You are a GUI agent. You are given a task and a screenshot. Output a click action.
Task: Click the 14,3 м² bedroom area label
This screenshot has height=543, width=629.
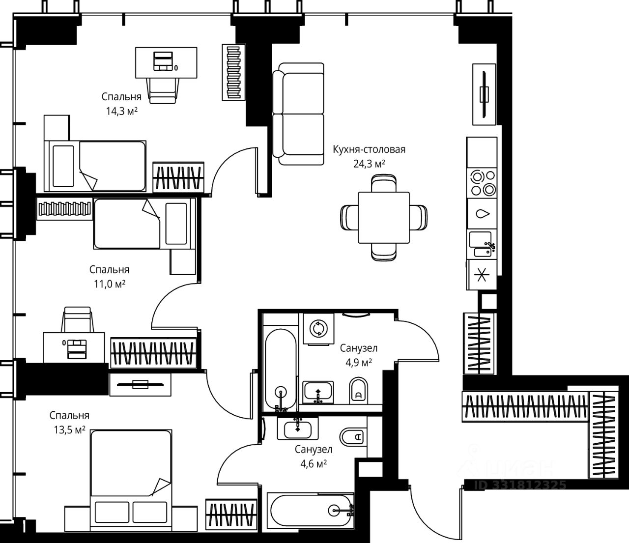pos(121,112)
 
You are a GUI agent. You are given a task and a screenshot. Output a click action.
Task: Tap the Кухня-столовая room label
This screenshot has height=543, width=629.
pos(369,149)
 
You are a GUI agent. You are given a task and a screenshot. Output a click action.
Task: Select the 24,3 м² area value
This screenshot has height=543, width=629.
pos(369,164)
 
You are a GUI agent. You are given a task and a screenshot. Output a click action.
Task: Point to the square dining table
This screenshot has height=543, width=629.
pos(383,217)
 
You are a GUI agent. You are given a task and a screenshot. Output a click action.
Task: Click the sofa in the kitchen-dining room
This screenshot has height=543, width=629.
pos(298,114)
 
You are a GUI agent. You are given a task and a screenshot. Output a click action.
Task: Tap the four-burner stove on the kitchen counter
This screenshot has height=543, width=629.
pos(483,183)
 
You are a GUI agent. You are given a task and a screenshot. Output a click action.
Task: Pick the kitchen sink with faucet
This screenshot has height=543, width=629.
pos(483,244)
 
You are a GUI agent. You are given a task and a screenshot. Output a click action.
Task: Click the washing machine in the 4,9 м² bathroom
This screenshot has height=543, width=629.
pos(318,329)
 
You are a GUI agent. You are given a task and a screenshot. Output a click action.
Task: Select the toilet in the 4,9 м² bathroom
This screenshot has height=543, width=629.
pos(359,391)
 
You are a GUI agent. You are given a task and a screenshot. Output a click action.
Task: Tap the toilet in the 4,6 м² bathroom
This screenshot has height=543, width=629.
pos(353,437)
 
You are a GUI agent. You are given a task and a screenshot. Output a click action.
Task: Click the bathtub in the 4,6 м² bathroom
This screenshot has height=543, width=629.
pos(311,510)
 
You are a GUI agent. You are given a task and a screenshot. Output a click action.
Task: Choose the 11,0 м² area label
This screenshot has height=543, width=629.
pos(110,284)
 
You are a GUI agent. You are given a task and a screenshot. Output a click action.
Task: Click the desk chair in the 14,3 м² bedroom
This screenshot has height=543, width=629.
pos(163,91)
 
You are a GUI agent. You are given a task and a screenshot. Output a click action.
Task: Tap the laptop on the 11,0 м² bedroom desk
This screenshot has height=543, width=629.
pos(76,349)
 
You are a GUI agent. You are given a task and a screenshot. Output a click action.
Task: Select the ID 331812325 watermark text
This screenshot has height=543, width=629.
pos(520,485)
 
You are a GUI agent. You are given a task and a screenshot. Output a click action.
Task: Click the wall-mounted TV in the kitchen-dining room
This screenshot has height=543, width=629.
pos(484,94)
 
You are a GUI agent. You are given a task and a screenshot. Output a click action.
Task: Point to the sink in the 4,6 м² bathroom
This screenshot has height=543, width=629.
pos(298,428)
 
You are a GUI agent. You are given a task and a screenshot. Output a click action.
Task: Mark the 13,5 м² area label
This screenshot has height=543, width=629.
pos(69,430)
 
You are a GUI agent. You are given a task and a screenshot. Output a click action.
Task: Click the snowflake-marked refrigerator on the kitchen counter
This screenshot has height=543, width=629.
pos(482,275)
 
